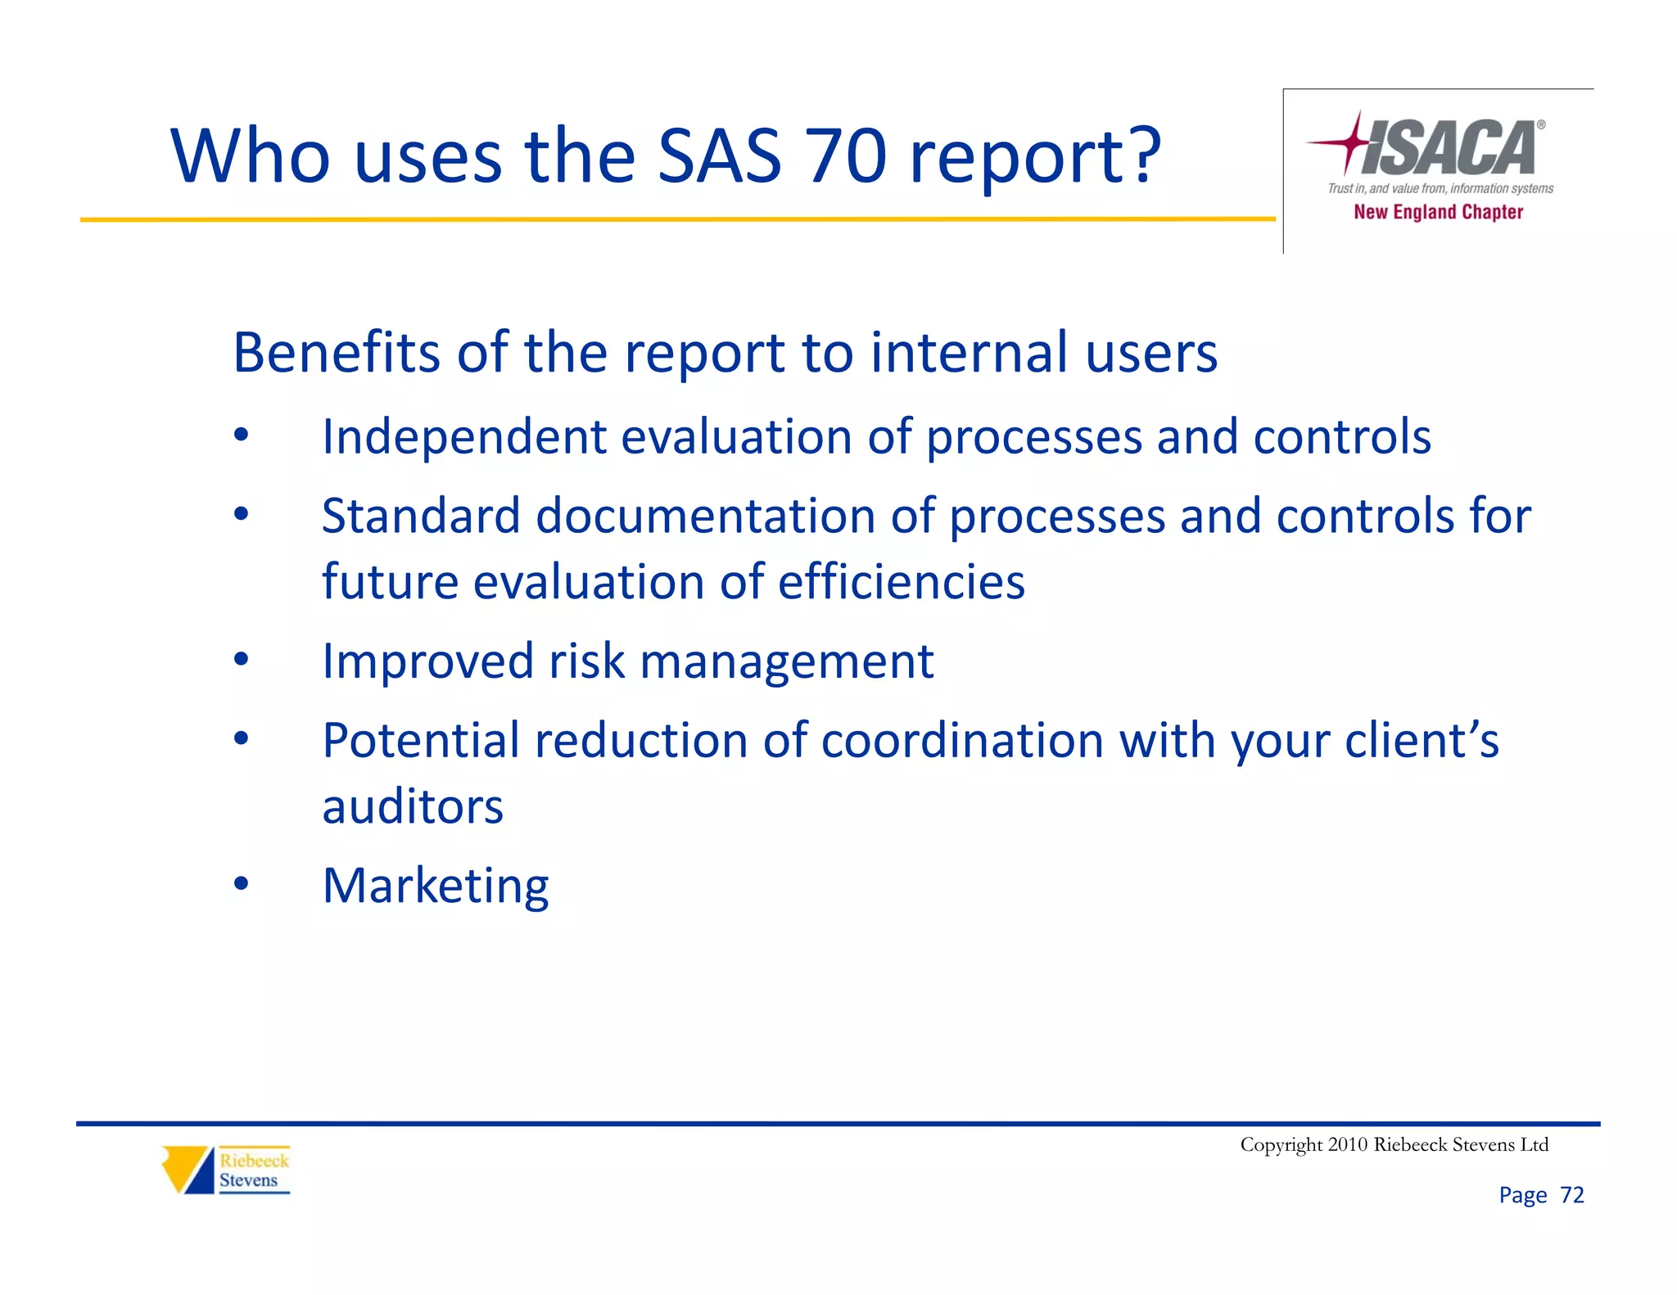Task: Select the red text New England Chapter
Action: (1438, 212)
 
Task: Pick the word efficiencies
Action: (901, 582)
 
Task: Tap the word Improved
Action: (427, 661)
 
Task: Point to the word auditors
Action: (413, 807)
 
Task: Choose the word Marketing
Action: (436, 886)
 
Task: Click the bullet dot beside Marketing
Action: (241, 883)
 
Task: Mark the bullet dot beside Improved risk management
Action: (241, 658)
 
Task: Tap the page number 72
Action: (1572, 1195)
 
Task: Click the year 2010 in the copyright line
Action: (1347, 1144)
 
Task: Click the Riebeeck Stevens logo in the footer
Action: (226, 1170)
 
